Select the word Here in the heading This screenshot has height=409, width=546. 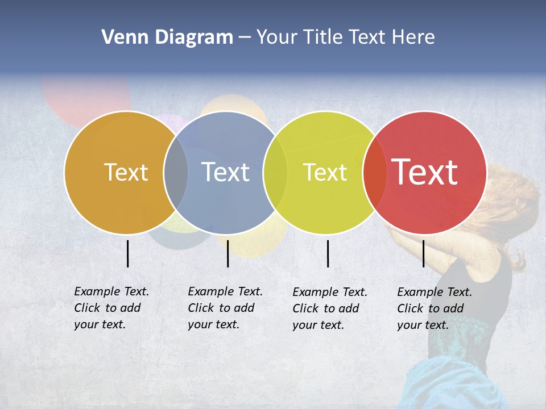pos(413,37)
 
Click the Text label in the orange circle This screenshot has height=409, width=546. pos(126,172)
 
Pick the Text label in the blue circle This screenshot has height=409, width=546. pos(226,172)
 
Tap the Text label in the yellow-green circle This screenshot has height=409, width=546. pos(325,172)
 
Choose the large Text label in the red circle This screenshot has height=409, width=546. pos(425,172)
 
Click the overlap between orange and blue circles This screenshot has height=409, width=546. pos(176,173)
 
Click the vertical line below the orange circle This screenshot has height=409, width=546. pos(128,253)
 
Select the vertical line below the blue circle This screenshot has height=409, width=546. pos(227,253)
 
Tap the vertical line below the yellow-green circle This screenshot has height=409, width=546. pos(328,253)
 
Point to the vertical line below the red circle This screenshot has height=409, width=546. pos(423,253)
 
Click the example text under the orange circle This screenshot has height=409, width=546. pos(111,308)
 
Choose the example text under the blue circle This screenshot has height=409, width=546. pos(225,308)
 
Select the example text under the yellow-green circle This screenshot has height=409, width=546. pos(329,308)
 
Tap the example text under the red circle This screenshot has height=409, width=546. pos(434,308)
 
